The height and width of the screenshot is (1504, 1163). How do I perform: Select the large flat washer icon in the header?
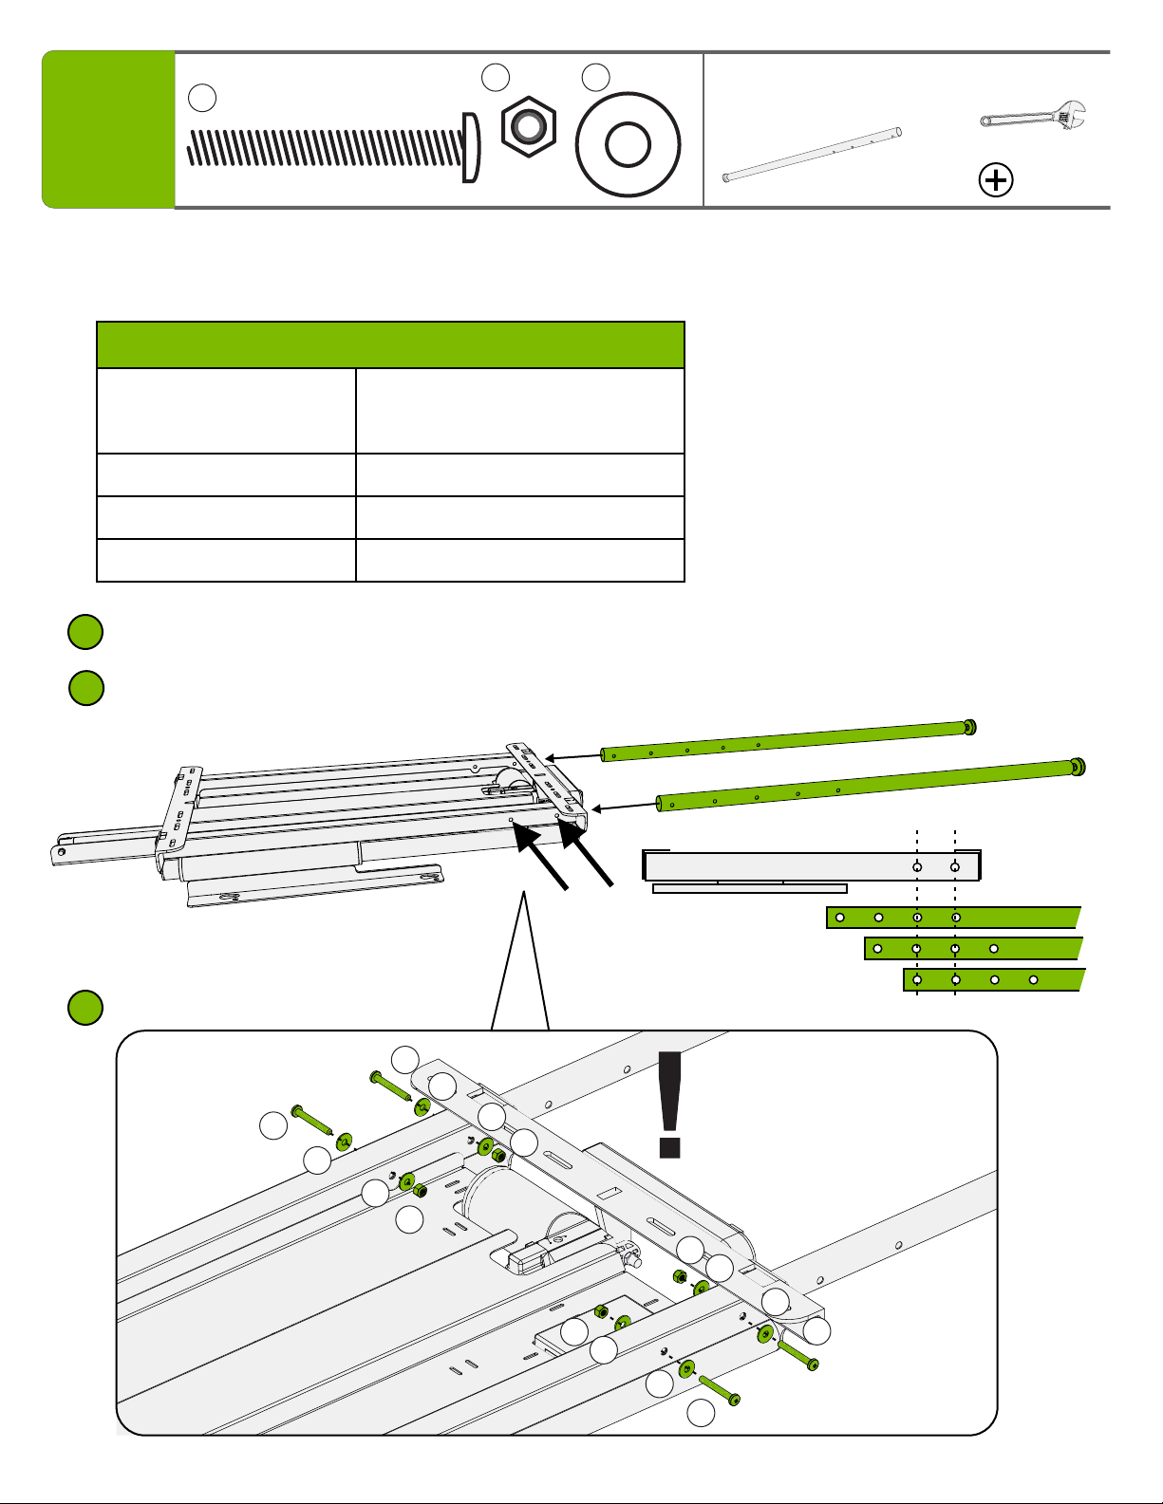(x=628, y=143)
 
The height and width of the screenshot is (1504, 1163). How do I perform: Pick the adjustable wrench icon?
(x=1036, y=119)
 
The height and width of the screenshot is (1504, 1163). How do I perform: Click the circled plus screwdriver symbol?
(x=996, y=180)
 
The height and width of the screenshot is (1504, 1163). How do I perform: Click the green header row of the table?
(x=390, y=344)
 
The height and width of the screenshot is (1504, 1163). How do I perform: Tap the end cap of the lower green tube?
(x=1078, y=767)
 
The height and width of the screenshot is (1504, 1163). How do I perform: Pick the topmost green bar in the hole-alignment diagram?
(x=953, y=918)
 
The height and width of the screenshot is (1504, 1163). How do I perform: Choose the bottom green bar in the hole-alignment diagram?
(x=992, y=979)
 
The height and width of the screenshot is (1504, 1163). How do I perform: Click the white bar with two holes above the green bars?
(x=812, y=866)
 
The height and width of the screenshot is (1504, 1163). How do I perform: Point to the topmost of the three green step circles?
(x=85, y=633)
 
